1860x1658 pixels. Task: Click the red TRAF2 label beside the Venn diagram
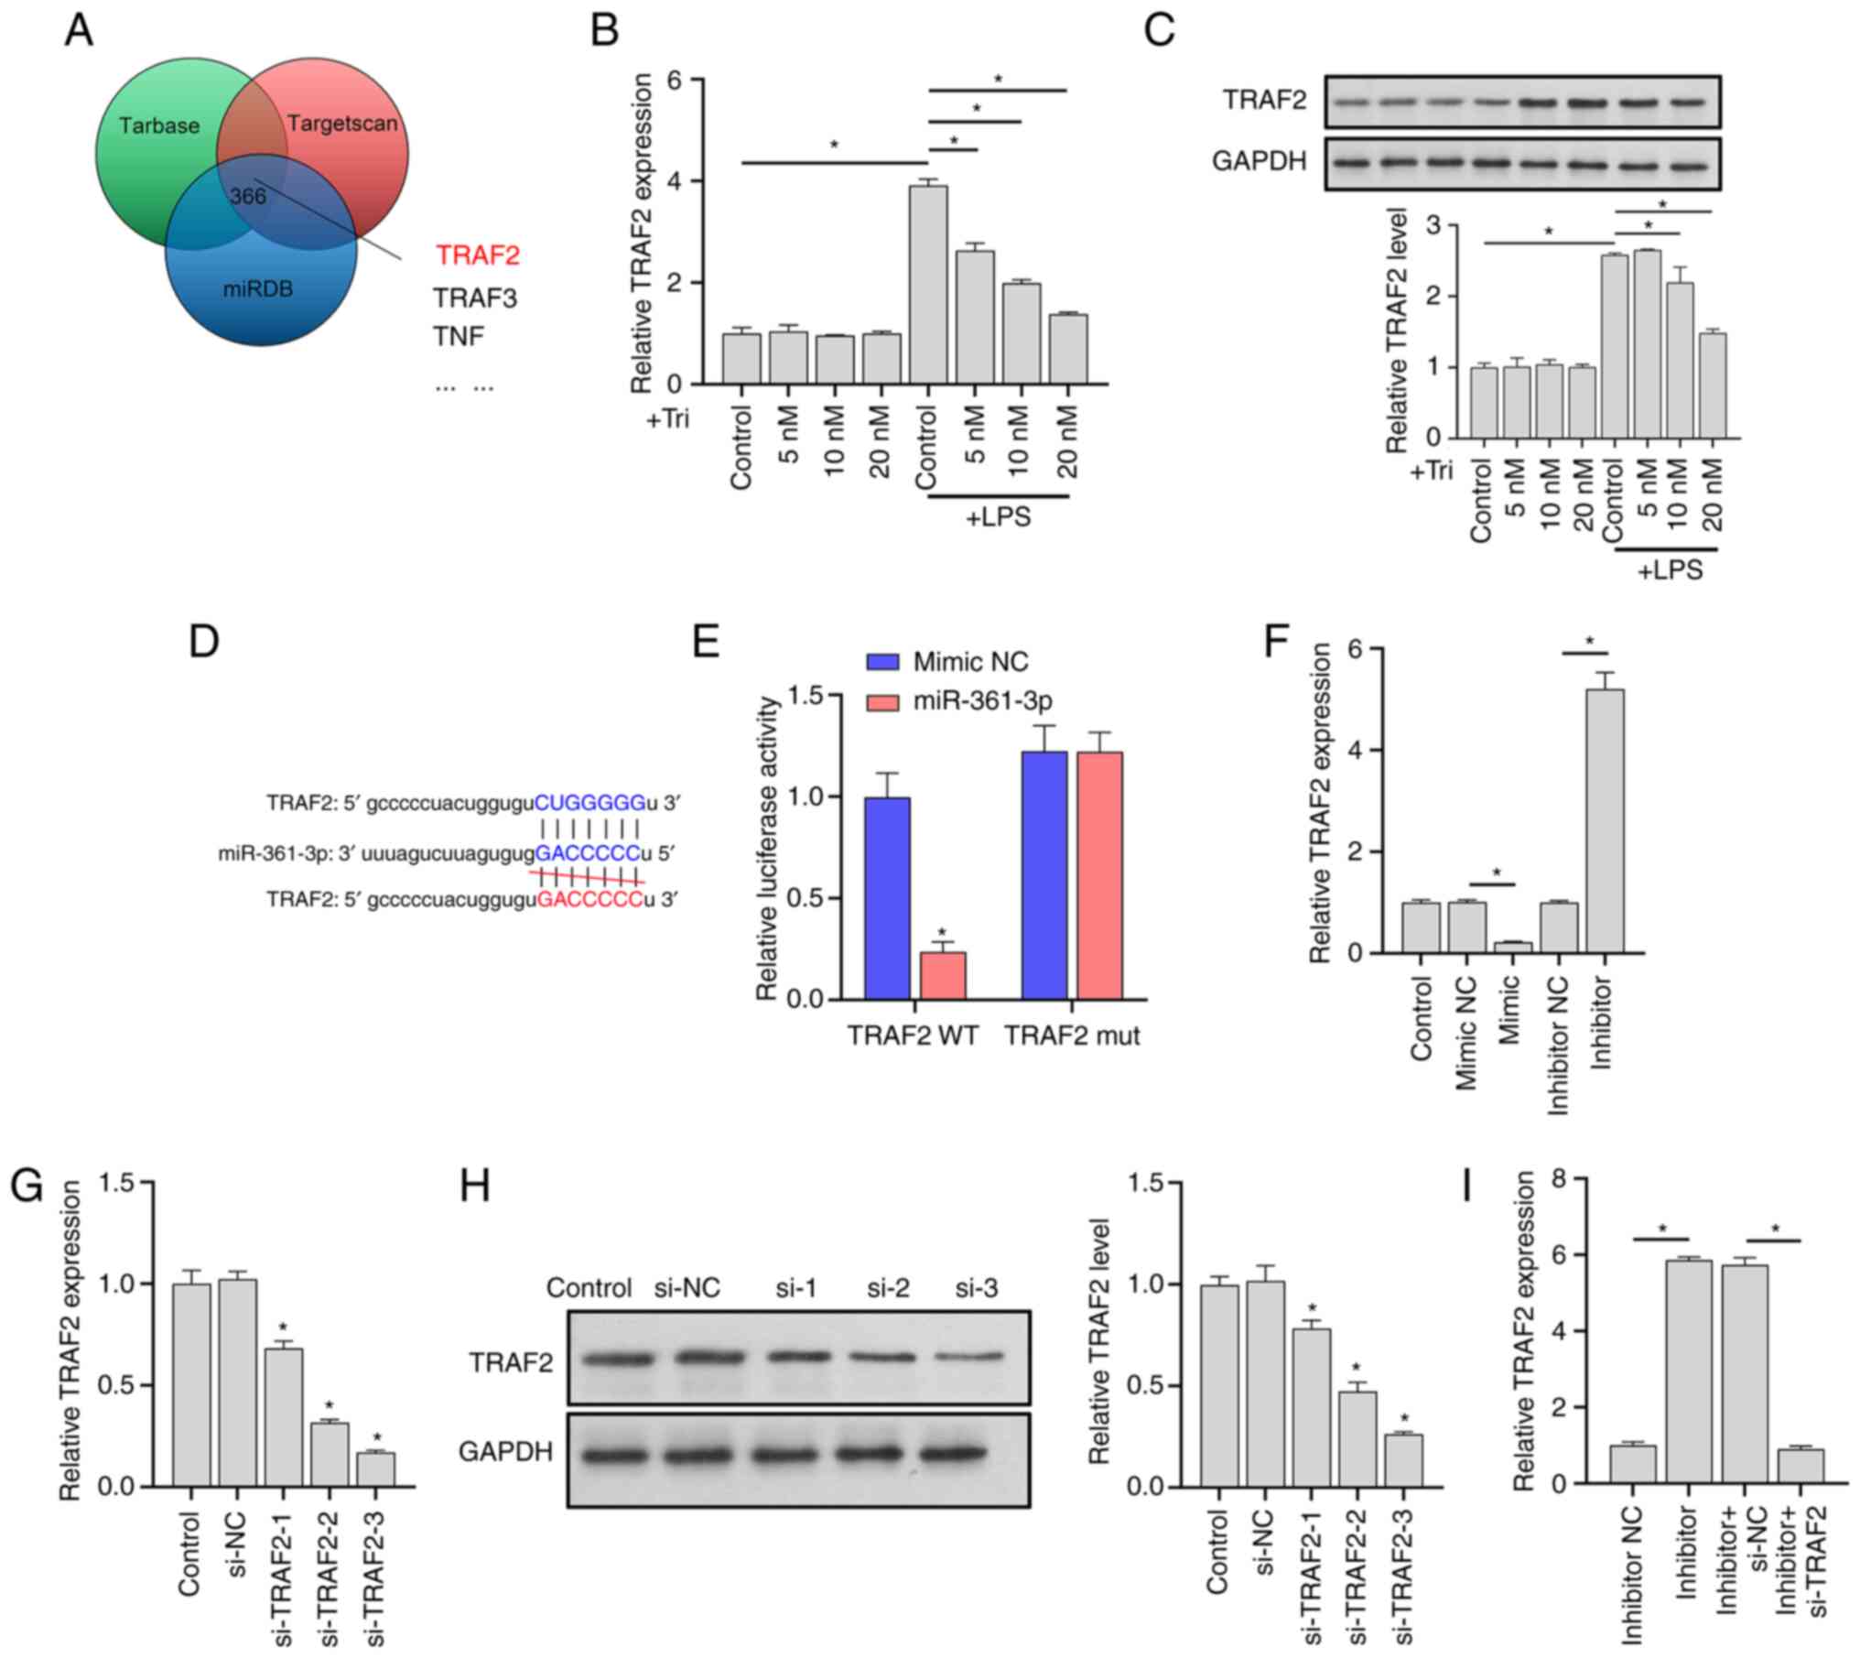pyautogui.click(x=477, y=255)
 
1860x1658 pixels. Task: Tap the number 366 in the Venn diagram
pyautogui.click(x=247, y=197)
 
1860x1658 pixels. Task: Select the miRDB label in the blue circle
pyautogui.click(x=258, y=290)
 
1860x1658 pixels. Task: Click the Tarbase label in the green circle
pyautogui.click(x=159, y=125)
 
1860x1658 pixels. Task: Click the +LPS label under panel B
pyautogui.click(x=999, y=518)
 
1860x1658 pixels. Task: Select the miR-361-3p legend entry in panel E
pyautogui.click(x=981, y=701)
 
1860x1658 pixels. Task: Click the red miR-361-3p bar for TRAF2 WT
pyautogui.click(x=943, y=974)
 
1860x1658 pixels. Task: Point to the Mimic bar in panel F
pyautogui.click(x=1512, y=948)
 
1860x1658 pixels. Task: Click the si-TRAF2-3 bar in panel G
pyautogui.click(x=376, y=1468)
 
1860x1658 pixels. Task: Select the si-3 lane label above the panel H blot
pyautogui.click(x=976, y=1288)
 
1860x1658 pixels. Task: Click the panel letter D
pyautogui.click(x=203, y=642)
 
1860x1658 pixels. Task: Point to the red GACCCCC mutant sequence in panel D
pyautogui.click(x=589, y=899)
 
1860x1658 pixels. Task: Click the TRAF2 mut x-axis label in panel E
pyautogui.click(x=1072, y=1036)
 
